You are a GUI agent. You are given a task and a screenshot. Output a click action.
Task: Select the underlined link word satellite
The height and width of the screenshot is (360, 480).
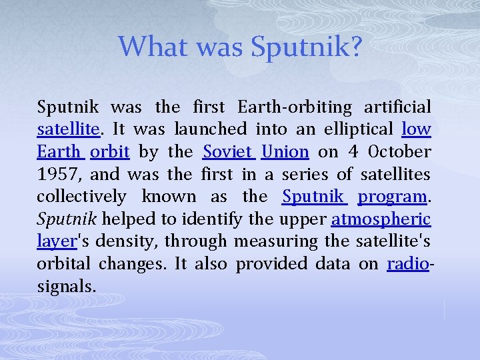(68, 129)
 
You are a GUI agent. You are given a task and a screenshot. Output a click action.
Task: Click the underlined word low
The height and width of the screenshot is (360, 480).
(417, 129)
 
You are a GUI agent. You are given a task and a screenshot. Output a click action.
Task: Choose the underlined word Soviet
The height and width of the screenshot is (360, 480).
(229, 151)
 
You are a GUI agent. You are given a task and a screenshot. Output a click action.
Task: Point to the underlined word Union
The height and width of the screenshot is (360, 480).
(285, 151)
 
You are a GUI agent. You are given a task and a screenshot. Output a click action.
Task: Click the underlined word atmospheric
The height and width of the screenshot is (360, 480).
(381, 219)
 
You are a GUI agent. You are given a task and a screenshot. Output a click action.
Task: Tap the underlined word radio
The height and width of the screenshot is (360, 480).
(407, 264)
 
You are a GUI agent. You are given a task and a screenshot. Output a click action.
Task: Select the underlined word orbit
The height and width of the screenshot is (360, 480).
(109, 151)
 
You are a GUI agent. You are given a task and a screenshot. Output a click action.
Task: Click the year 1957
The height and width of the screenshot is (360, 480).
(59, 174)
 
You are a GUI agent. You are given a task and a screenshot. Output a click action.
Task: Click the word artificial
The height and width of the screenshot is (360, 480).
(397, 107)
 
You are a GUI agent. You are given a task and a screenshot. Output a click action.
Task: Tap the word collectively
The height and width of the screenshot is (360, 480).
(81, 197)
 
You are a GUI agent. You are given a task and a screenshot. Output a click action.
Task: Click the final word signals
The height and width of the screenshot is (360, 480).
(66, 287)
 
